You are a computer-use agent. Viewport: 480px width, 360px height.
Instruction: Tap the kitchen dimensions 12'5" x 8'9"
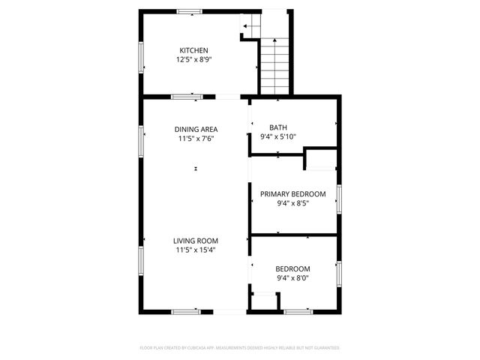[x=193, y=59]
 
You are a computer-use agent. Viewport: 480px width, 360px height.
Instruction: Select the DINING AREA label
[x=196, y=129]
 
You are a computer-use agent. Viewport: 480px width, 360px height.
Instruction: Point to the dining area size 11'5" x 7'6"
[x=196, y=139]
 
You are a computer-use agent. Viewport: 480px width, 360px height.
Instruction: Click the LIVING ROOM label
[x=196, y=241]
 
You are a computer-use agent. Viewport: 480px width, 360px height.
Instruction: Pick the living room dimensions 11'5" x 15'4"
[x=196, y=250]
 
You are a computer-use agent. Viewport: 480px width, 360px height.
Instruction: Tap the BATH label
[x=278, y=127]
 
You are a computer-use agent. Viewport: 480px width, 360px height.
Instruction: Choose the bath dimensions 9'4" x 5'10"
[x=278, y=136]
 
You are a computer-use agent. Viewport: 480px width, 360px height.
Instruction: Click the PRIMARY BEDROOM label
[x=293, y=193]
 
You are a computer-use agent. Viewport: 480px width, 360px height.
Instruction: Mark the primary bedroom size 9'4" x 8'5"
[x=293, y=202]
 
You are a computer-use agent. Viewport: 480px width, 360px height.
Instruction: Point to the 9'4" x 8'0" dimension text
[x=293, y=278]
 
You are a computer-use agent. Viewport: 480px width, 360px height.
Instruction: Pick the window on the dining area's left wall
[x=141, y=140]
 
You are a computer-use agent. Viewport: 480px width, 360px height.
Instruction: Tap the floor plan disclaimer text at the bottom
[x=240, y=348]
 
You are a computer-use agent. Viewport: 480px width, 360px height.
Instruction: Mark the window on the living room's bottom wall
[x=186, y=311]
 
